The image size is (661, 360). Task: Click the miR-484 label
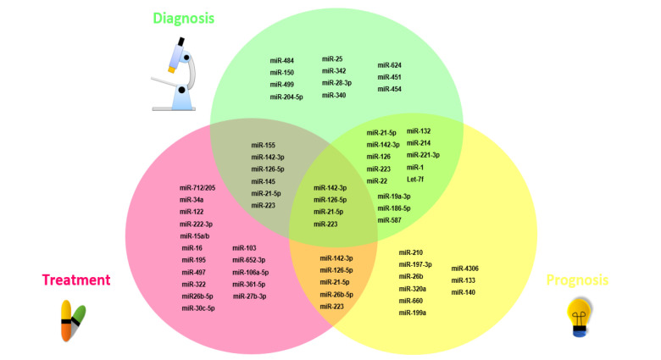click(282, 60)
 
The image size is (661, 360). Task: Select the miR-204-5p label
click(287, 97)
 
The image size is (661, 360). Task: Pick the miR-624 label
click(390, 64)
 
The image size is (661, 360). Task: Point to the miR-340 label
click(334, 95)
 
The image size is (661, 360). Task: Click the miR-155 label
click(263, 145)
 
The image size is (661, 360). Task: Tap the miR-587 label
click(390, 220)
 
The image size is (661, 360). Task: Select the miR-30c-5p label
click(197, 308)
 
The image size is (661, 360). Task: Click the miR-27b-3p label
click(250, 296)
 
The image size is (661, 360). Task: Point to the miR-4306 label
click(465, 268)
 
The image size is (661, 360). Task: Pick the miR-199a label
click(413, 313)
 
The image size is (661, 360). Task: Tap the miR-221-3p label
click(424, 155)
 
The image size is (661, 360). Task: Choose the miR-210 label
click(410, 252)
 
